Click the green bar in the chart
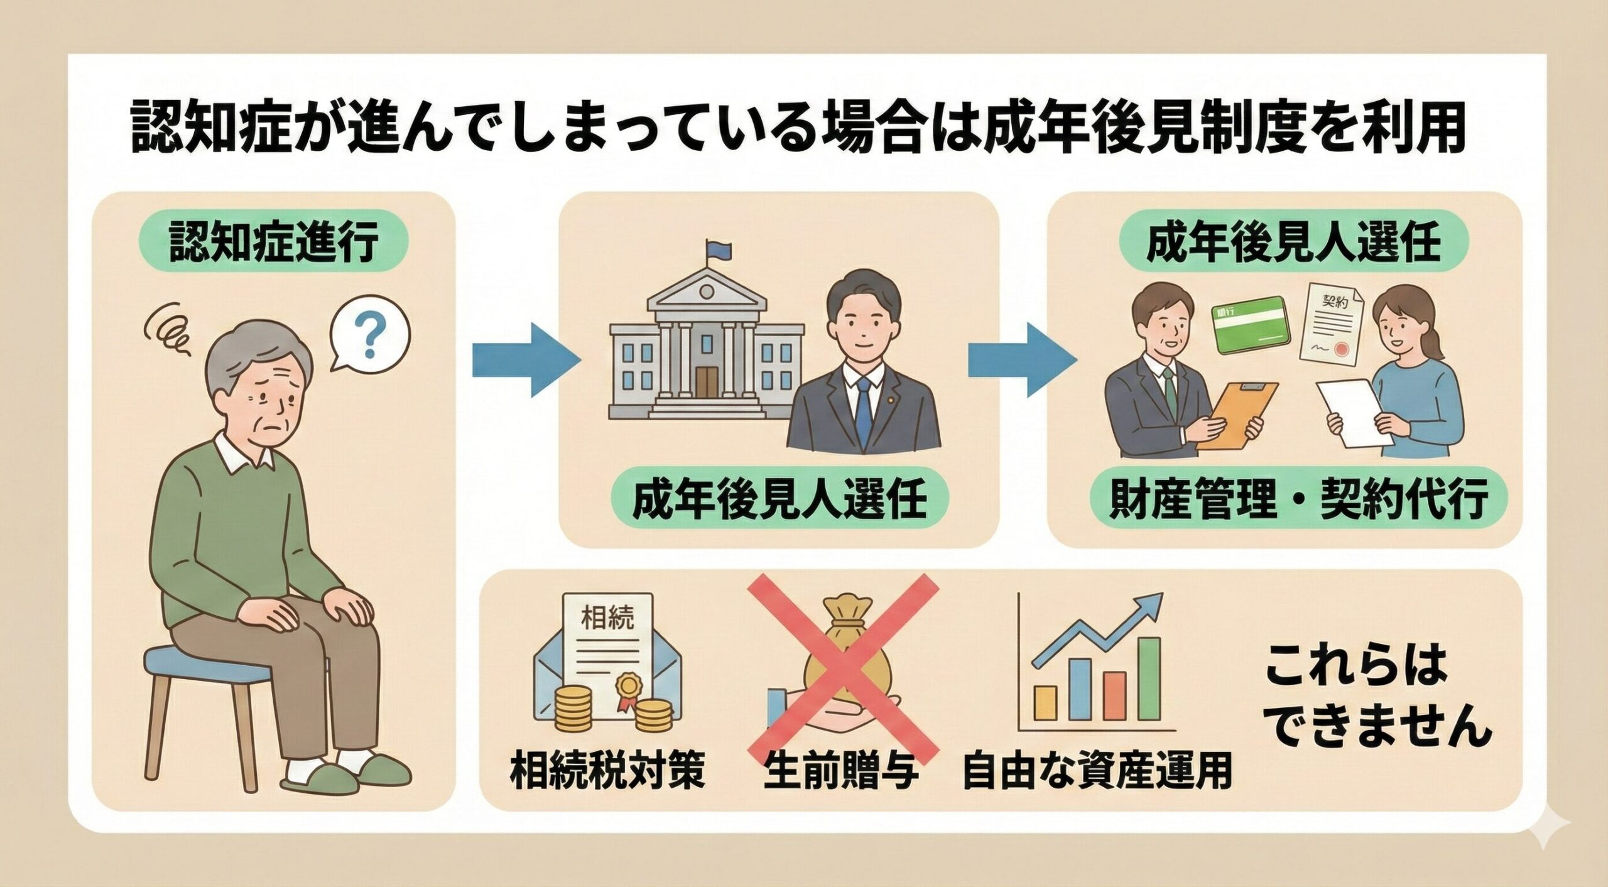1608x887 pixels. pyautogui.click(x=1149, y=678)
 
